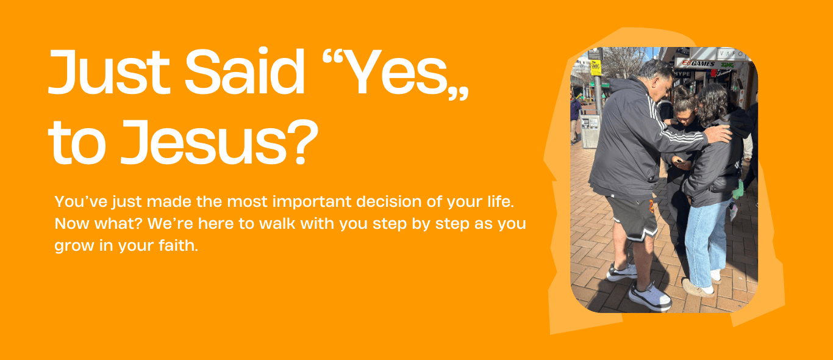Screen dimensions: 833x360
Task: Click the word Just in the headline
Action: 109,72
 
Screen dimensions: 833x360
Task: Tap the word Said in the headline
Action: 245,71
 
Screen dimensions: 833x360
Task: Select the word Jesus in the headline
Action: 204,142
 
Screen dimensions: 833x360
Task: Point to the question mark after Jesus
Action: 303,142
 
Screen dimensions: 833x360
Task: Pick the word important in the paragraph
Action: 312,202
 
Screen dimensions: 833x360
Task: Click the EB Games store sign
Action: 704,63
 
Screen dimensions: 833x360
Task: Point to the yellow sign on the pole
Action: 596,68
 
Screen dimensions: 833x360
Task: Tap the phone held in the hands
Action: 679,161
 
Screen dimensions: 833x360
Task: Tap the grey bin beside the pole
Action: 590,131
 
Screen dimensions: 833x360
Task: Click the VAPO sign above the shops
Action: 731,54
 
